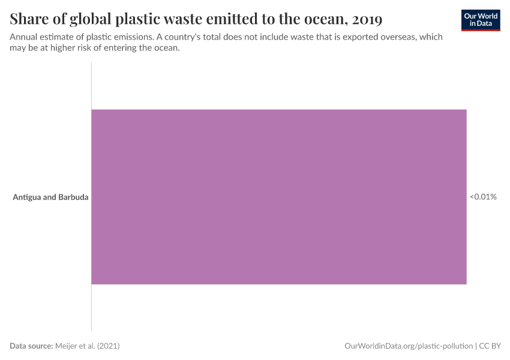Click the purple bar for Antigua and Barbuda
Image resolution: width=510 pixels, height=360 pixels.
pyautogui.click(x=278, y=196)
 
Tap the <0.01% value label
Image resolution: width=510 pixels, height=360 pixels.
pyautogui.click(x=483, y=196)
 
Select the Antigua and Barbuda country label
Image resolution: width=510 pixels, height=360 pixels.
pyautogui.click(x=50, y=196)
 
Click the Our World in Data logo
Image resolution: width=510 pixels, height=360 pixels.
pyautogui.click(x=481, y=20)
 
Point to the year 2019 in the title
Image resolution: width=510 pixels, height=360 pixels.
pyautogui.click(x=368, y=20)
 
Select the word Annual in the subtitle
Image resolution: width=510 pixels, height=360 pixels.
pyautogui.click(x=24, y=37)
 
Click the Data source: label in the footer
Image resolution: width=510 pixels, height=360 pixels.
pyautogui.click(x=31, y=346)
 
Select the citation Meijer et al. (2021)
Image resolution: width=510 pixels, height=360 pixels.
pyautogui.click(x=91, y=346)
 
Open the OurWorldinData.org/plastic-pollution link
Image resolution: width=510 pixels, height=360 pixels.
pyautogui.click(x=409, y=346)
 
